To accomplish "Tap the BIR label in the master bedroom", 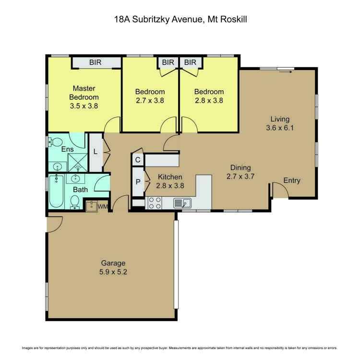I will [97, 62].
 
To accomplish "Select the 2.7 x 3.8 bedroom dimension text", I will [150, 101].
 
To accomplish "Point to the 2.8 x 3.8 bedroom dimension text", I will [209, 101].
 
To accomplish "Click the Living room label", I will [280, 119].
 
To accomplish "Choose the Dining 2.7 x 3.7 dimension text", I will [240, 176].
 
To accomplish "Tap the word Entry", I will [291, 180].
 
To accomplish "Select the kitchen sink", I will [182, 204].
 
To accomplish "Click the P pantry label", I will [138, 183].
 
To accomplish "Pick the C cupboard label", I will [138, 160].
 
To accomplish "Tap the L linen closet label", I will [96, 152].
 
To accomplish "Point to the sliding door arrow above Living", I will [286, 72].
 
